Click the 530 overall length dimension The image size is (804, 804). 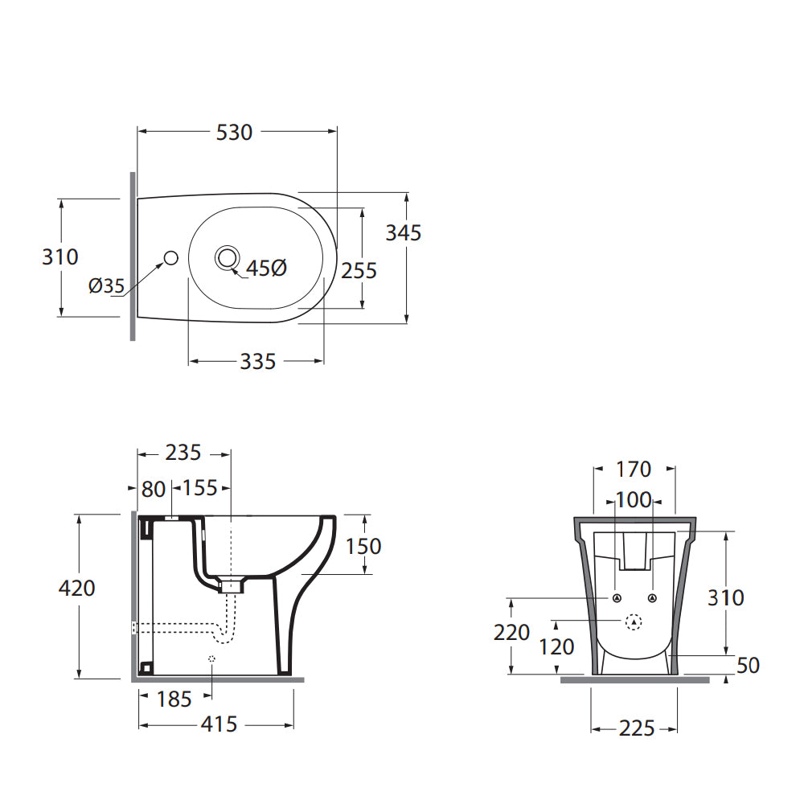235,132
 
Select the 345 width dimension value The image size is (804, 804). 404,232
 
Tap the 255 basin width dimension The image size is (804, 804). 359,270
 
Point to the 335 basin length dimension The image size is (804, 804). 257,362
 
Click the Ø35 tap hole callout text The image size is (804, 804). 107,285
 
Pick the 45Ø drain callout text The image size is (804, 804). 266,269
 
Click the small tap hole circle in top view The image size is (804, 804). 170,257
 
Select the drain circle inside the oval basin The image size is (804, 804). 227,257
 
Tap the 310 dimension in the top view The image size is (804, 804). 60,256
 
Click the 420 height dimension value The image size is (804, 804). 77,589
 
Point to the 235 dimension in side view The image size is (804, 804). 183,453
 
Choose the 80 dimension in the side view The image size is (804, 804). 153,488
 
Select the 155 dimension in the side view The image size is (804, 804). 200,488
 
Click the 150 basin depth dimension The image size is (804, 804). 363,546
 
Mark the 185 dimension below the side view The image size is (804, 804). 174,699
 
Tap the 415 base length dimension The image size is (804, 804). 219,724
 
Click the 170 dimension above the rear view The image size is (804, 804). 634,468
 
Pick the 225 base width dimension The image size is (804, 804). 637,728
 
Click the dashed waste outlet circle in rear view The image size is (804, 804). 634,621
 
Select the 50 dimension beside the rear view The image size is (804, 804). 748,665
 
